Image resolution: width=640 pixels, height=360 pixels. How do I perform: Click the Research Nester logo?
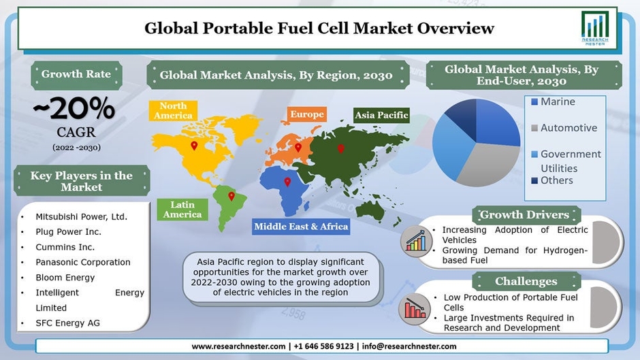coord(594,28)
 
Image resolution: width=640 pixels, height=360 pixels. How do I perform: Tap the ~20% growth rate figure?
coord(74,108)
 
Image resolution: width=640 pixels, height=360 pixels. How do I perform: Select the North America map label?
coord(173,111)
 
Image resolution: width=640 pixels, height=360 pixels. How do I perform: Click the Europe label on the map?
coord(307,114)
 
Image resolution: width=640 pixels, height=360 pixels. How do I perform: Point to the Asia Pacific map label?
coord(381,115)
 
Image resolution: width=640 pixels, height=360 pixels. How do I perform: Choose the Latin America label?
coord(182,210)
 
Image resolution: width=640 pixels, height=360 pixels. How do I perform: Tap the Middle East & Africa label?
coord(301,227)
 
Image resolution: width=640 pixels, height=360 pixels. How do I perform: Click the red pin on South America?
coord(231,196)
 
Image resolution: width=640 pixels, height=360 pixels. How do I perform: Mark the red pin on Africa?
coord(287,182)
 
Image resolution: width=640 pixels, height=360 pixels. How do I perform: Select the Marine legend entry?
coord(553,101)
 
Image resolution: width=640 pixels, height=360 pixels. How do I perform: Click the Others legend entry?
coord(552,180)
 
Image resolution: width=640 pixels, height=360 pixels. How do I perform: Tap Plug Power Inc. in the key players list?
coord(68,232)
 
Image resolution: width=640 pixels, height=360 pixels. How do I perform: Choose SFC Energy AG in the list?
coord(68,323)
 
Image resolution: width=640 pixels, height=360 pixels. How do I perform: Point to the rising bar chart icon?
coord(416,241)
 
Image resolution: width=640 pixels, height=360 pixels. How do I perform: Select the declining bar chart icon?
coord(414,308)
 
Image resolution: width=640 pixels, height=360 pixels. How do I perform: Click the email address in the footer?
coord(409,346)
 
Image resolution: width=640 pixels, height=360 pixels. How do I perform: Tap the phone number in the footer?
coord(323,346)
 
